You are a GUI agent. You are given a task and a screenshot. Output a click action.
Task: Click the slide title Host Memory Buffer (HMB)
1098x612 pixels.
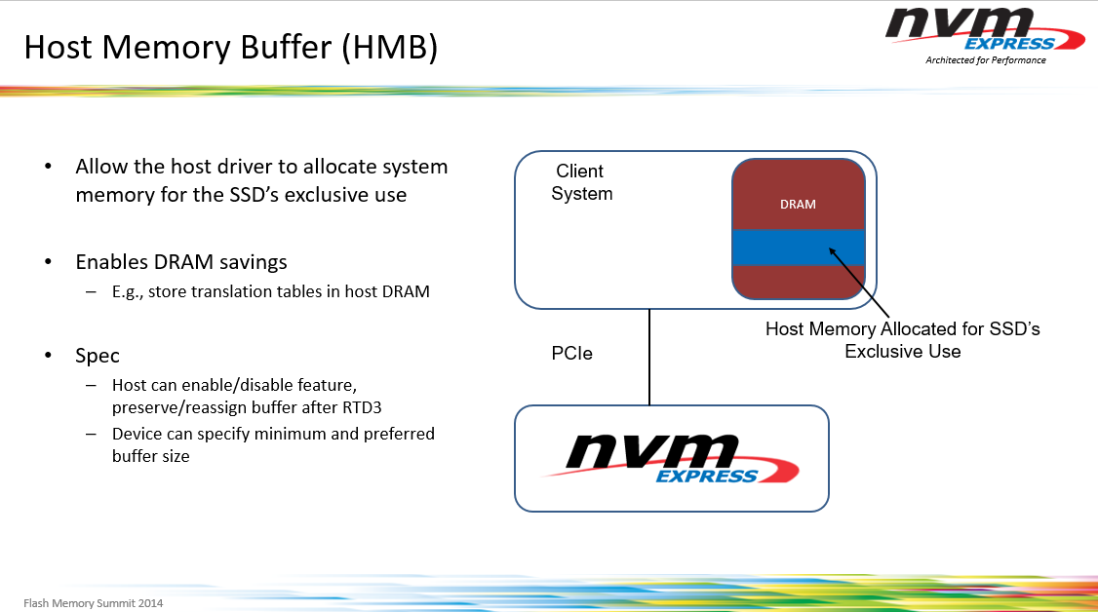(230, 47)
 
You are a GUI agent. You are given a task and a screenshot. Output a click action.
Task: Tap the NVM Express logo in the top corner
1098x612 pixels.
(983, 29)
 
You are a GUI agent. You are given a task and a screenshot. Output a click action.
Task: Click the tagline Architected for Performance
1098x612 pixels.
(985, 60)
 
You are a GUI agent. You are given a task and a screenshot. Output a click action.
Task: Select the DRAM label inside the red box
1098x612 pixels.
(798, 205)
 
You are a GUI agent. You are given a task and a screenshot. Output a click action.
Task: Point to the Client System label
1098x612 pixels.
(581, 182)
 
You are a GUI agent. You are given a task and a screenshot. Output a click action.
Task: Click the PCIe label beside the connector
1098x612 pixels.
(571, 353)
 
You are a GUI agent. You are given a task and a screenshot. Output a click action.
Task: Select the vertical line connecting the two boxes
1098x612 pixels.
(649, 356)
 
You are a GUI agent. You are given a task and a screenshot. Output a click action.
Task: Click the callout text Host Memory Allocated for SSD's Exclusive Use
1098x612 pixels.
(902, 340)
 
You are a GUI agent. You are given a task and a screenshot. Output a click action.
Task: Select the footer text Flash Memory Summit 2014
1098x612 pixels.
(93, 602)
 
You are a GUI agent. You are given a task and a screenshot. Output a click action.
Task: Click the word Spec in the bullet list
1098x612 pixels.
(98, 355)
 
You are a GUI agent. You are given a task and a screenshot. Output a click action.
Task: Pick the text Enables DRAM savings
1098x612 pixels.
(181, 262)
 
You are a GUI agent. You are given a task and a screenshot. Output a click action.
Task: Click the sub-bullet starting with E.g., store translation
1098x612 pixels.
(270, 290)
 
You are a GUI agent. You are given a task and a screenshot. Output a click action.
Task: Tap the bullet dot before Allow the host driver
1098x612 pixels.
(48, 167)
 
